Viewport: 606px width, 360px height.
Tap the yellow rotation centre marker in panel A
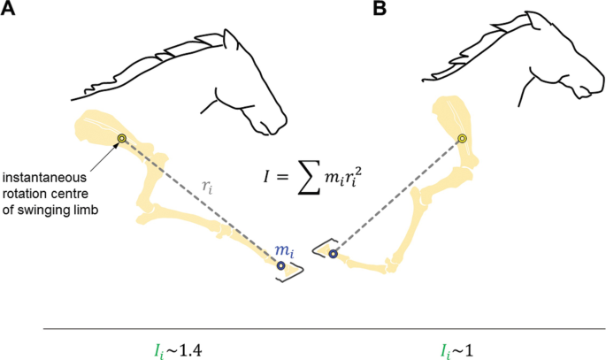[122, 138]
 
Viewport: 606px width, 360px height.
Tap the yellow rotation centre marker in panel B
[461, 139]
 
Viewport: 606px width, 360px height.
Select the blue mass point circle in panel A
[280, 265]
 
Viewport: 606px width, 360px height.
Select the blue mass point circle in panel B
[334, 254]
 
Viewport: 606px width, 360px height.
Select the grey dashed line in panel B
[398, 195]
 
